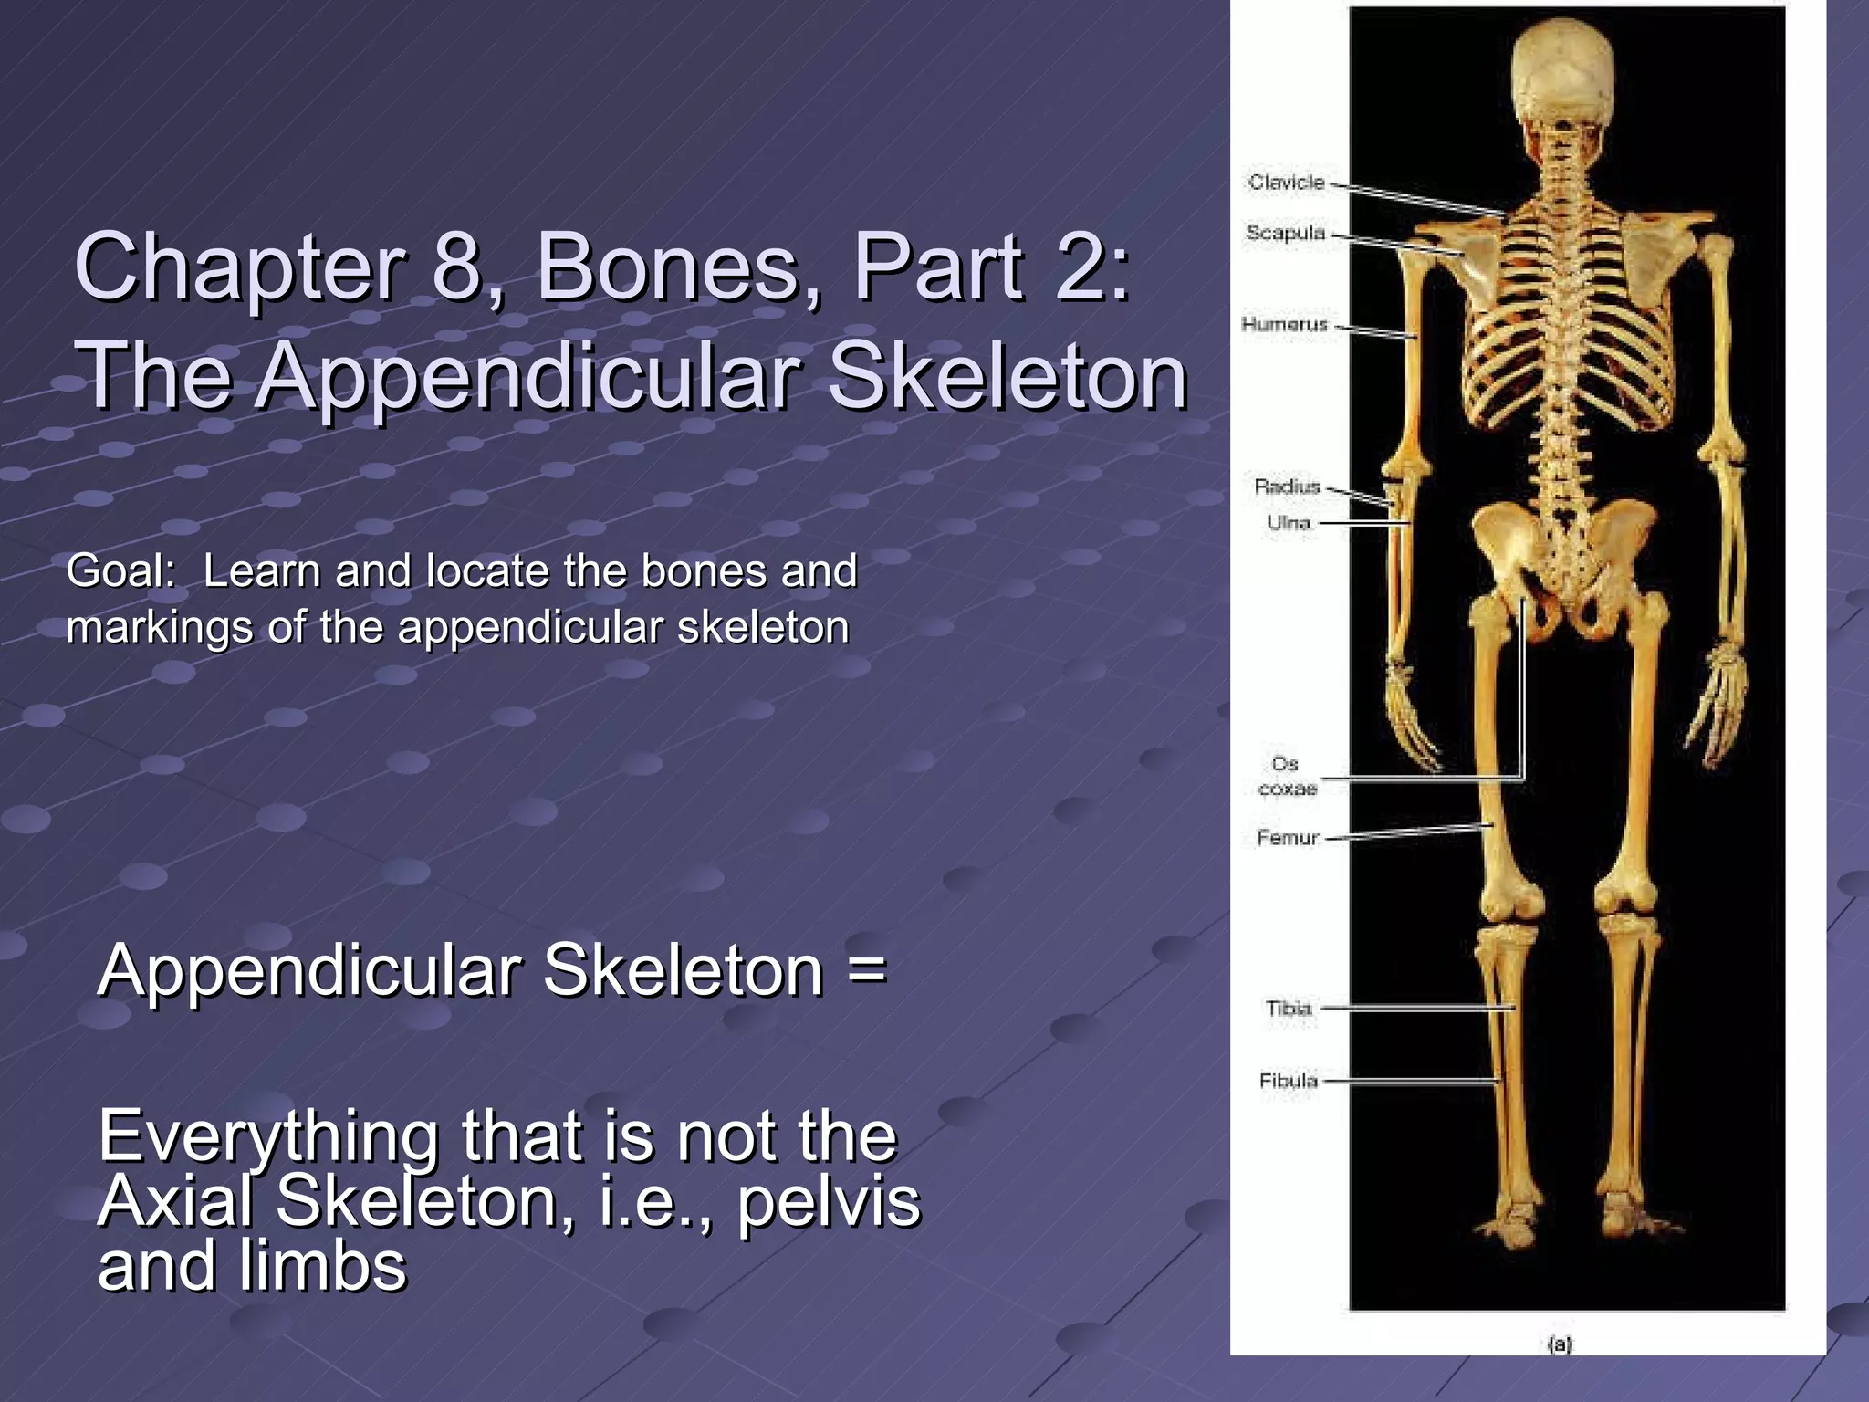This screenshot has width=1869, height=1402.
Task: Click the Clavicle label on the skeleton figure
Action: point(1286,183)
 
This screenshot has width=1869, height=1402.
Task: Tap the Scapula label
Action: point(1286,234)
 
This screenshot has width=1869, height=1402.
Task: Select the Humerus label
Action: point(1284,324)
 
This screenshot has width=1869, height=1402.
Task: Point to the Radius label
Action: point(1287,487)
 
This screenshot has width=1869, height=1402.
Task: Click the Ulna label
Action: point(1289,523)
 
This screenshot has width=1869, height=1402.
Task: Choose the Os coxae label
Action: point(1287,776)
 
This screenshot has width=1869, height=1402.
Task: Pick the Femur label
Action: point(1288,837)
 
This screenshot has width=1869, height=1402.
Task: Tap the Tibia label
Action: point(1289,1009)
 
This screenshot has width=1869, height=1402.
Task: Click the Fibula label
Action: point(1289,1081)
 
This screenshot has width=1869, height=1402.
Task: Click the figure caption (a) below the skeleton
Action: point(1561,1344)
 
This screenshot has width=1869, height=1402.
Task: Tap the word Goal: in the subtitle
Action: point(121,572)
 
